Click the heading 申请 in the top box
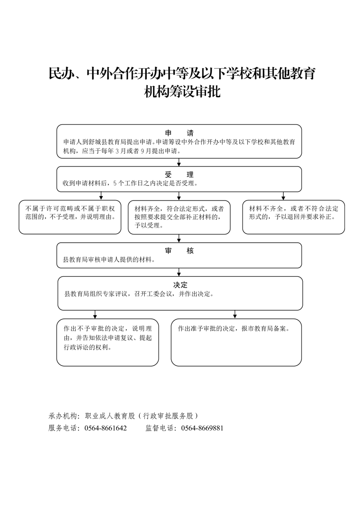[x=179, y=133]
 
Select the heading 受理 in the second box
[x=179, y=175]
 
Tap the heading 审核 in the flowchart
[x=179, y=251]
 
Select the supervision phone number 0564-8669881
[x=202, y=428]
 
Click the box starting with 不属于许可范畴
[x=70, y=217]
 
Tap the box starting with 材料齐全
[x=179, y=217]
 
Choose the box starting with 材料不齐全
[x=293, y=217]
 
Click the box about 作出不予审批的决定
[x=108, y=342]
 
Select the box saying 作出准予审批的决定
[x=236, y=342]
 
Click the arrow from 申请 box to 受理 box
[x=179, y=162]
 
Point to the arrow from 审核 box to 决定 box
[x=179, y=272]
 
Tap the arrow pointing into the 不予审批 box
[x=95, y=314]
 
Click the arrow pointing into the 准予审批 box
[x=235, y=314]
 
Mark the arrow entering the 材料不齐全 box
[x=283, y=196]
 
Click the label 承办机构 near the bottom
[x=63, y=416]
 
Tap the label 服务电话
[x=63, y=428]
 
